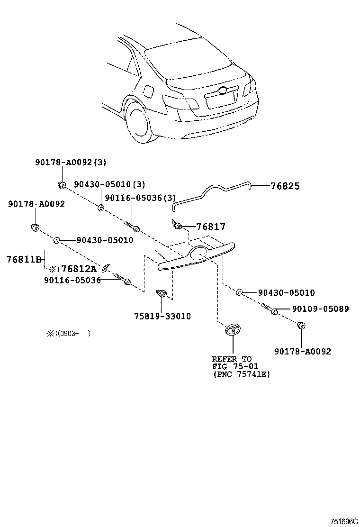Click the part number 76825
285,186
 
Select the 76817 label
211,227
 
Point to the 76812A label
79,269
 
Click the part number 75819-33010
162,316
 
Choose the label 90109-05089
320,309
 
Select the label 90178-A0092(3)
70,162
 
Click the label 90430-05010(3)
109,184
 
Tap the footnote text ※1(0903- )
68,333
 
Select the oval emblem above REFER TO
233,329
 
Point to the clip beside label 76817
177,224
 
